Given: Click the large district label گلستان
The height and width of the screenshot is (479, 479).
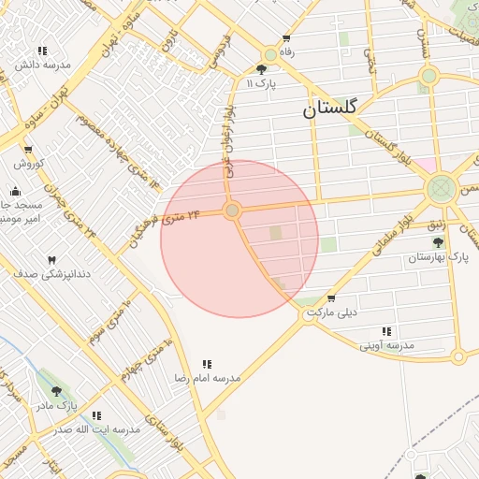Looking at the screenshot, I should (329, 109).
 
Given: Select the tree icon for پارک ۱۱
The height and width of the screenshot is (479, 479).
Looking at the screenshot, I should (261, 69).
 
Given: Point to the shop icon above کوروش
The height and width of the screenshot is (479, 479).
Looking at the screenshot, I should (28, 150).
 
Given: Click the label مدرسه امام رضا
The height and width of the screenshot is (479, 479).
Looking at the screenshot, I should (207, 378).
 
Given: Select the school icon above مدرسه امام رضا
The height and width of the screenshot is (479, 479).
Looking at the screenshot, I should (207, 364).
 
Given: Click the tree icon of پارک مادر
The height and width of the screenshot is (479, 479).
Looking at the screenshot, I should (56, 391).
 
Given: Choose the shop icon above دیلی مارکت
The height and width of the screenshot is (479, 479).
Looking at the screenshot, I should (331, 298).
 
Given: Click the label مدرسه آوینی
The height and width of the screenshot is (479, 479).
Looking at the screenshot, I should (386, 345).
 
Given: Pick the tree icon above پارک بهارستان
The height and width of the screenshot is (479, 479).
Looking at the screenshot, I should (438, 242).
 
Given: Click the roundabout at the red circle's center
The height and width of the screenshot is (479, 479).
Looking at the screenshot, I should (232, 210).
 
